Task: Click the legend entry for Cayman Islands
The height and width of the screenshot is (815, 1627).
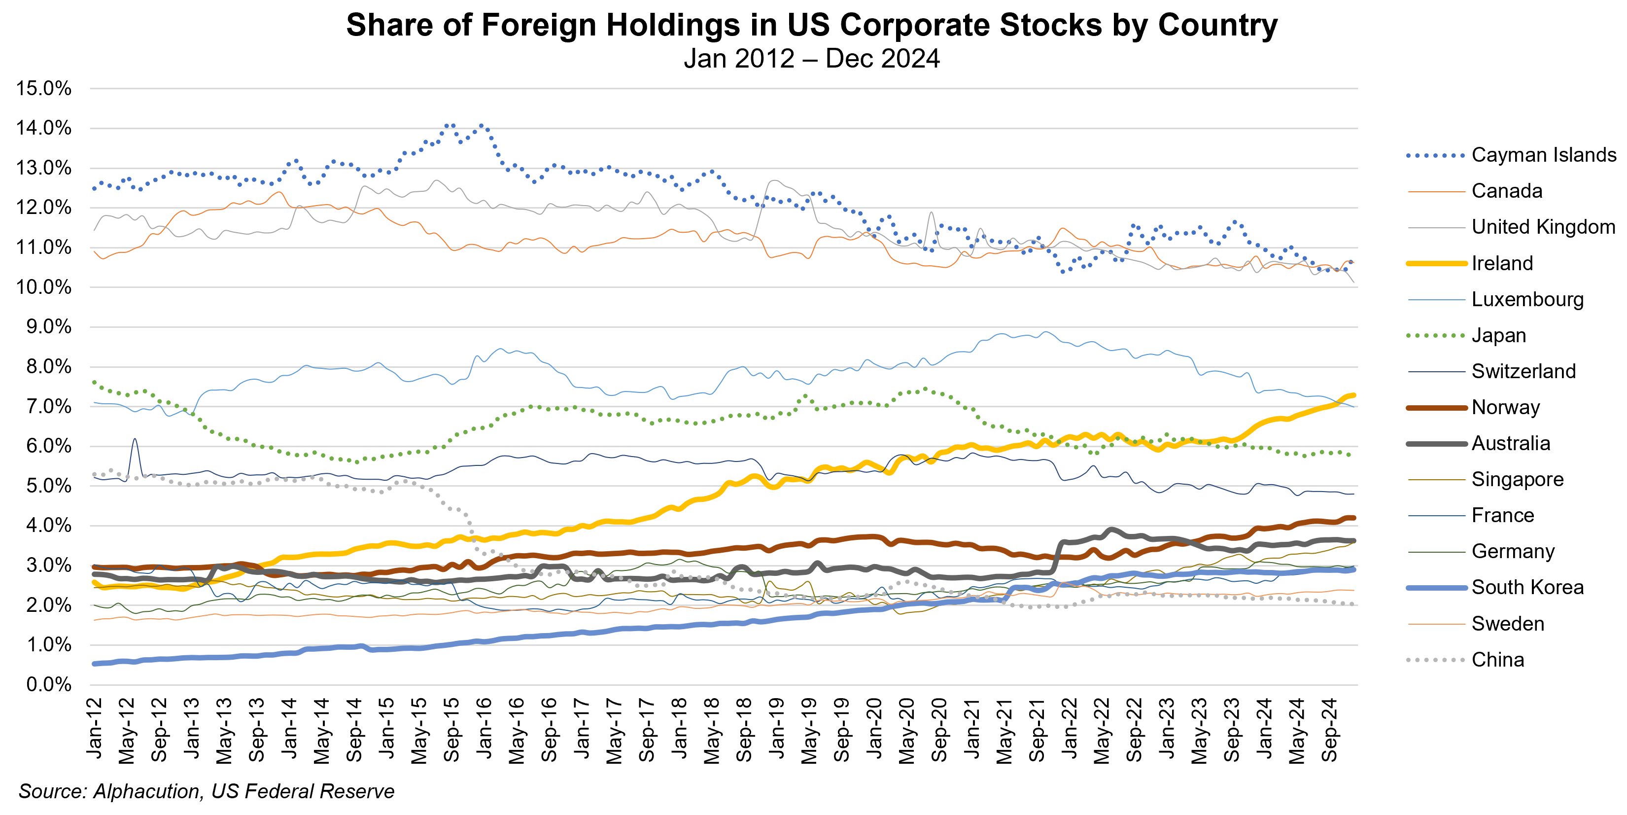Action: click(x=1543, y=155)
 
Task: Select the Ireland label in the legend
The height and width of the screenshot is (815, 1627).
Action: click(x=1502, y=263)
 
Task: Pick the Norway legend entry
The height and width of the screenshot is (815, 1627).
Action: click(x=1505, y=407)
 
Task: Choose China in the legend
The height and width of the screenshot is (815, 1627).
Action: click(x=1497, y=660)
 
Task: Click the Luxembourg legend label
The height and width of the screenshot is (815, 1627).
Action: click(x=1527, y=299)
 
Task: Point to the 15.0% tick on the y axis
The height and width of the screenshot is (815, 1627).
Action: click(x=43, y=88)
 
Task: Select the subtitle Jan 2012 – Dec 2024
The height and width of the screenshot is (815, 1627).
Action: click(x=812, y=59)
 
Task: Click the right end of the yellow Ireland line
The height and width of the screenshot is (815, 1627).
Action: click(x=1353, y=395)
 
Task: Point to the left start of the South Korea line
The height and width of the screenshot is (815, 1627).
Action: click(x=95, y=663)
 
